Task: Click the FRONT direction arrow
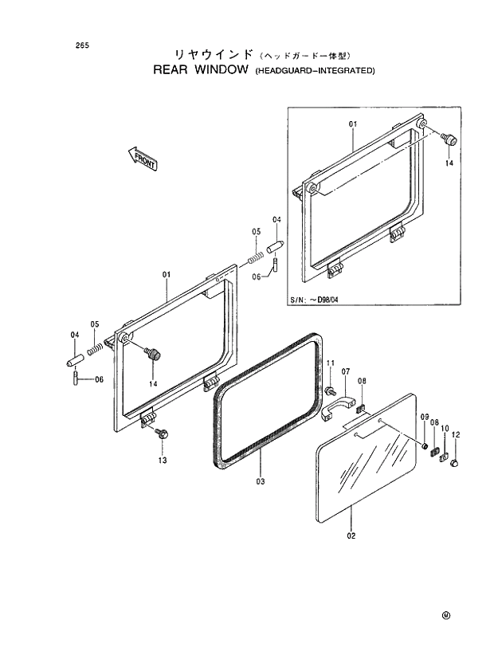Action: (x=142, y=159)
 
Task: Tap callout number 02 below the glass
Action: (x=351, y=535)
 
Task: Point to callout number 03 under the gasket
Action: (x=261, y=482)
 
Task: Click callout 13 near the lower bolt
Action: (x=162, y=461)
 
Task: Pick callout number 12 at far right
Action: (x=456, y=435)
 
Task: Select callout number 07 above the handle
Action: (x=346, y=371)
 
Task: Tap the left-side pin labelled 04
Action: (x=73, y=359)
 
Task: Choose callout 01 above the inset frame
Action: (x=353, y=124)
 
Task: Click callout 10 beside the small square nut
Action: (x=445, y=428)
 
